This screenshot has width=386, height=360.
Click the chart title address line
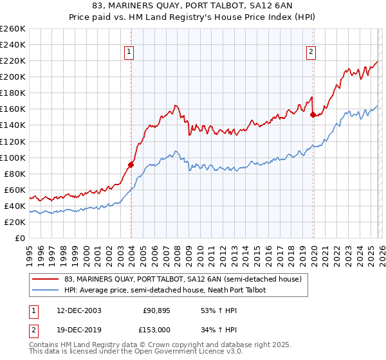tap(192, 6)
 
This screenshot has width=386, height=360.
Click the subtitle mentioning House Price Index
tap(192, 17)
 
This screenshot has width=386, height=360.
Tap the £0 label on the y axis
tap(20, 238)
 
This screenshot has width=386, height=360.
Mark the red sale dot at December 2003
tap(131, 165)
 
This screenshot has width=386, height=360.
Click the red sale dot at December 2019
tap(313, 114)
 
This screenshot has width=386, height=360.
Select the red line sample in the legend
tap(46, 279)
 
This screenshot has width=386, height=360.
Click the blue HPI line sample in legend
tap(46, 290)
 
